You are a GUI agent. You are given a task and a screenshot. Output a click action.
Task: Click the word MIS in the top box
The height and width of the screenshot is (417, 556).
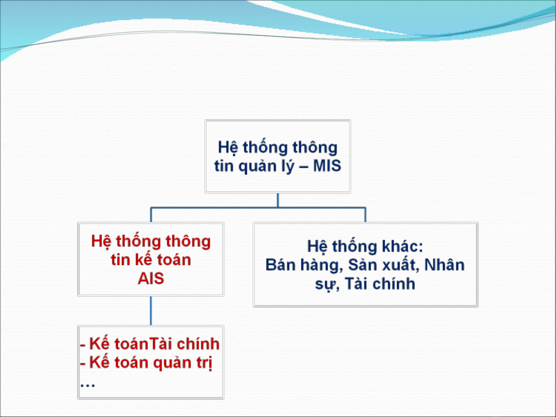[327, 166]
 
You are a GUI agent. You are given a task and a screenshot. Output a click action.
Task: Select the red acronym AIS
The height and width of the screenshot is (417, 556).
[151, 279]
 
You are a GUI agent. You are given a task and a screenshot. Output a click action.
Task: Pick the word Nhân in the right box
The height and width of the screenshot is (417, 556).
[444, 265]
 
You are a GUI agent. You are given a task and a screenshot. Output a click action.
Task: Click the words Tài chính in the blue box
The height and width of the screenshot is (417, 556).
[380, 284]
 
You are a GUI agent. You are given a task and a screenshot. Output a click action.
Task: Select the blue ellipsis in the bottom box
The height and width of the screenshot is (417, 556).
[88, 385]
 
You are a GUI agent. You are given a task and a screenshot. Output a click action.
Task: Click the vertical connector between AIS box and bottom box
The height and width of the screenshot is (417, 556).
[151, 311]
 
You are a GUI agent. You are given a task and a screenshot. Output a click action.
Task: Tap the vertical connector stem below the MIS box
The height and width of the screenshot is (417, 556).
[278, 200]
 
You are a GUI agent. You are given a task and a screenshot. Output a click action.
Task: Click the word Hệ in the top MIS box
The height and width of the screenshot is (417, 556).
[228, 148]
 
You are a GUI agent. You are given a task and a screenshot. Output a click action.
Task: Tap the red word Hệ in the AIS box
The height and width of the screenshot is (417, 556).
[101, 241]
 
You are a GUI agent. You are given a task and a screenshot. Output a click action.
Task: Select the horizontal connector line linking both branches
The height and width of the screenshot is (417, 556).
[258, 208]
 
